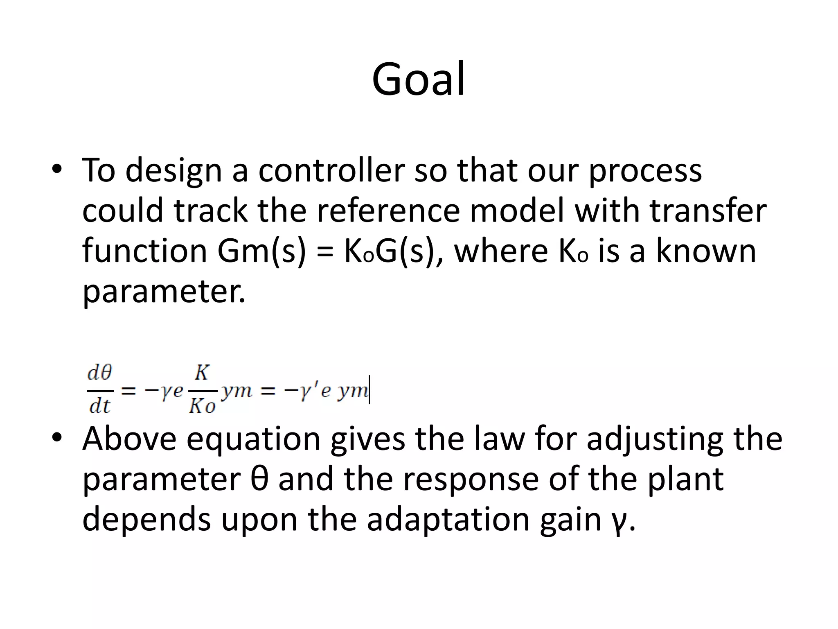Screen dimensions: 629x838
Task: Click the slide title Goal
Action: pyautogui.click(x=418, y=79)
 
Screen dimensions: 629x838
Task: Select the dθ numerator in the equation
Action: pyautogui.click(x=100, y=373)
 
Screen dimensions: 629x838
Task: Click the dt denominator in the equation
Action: pyautogui.click(x=100, y=406)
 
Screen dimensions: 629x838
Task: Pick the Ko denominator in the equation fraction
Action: pyautogui.click(x=202, y=406)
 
